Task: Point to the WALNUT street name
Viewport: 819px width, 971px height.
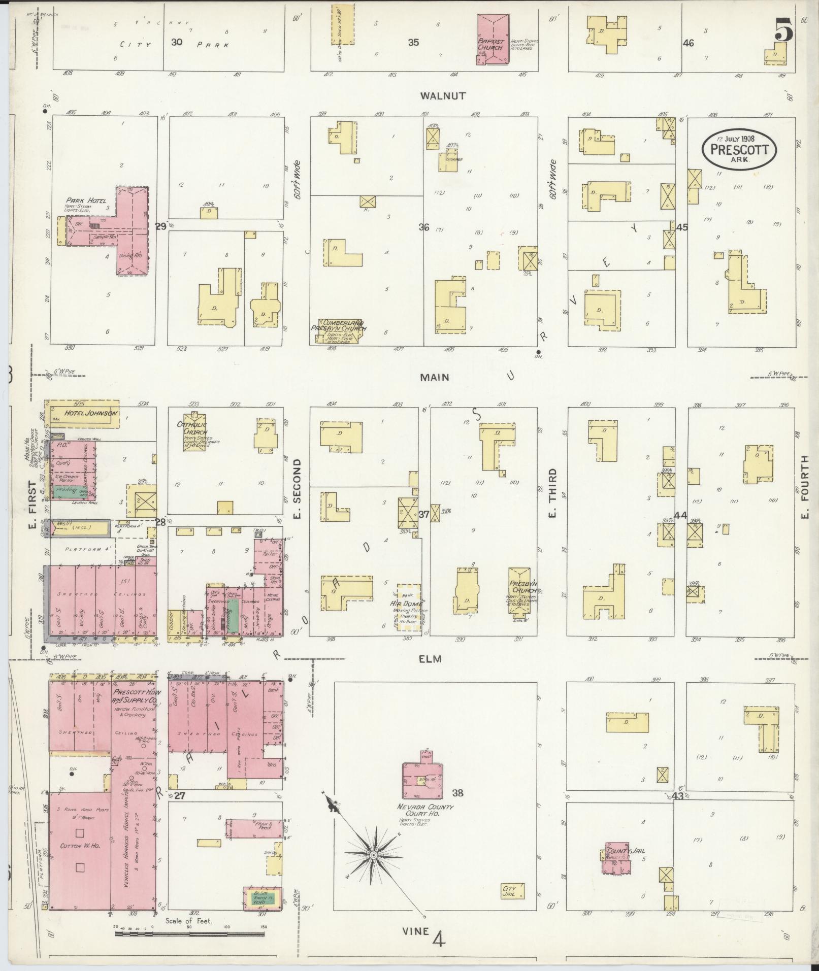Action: coord(443,95)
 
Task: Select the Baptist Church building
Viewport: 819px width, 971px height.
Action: coord(493,40)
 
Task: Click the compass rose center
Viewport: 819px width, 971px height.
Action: coord(373,855)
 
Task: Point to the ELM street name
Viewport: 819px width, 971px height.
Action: coord(430,659)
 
